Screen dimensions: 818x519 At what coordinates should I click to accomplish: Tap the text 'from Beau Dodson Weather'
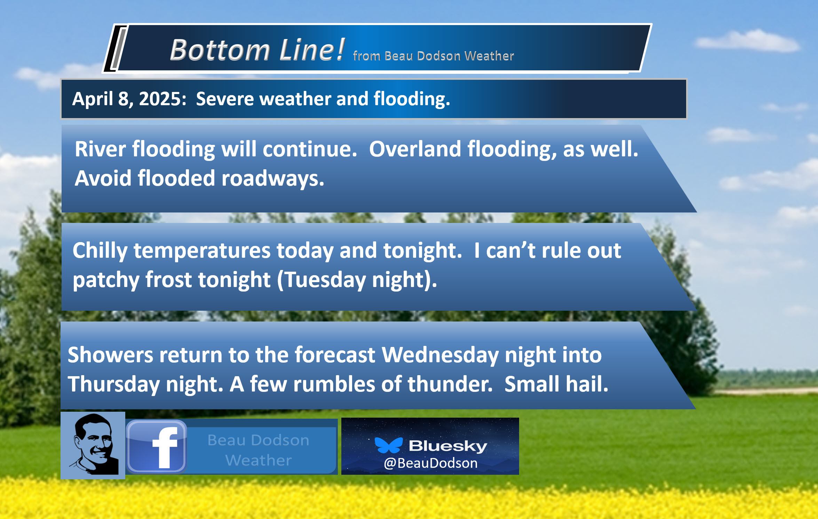[x=433, y=56]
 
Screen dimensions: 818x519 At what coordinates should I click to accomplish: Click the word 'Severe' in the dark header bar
[x=225, y=99]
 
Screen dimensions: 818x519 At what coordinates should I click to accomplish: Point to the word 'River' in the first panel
[x=100, y=149]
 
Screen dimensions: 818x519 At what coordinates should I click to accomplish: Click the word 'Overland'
[x=415, y=149]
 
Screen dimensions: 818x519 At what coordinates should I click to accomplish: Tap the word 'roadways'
[x=272, y=178]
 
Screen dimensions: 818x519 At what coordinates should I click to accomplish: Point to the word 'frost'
[x=169, y=280]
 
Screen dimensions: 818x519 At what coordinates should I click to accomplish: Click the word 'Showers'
[x=110, y=355]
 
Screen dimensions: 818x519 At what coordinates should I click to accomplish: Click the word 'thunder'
[x=450, y=384]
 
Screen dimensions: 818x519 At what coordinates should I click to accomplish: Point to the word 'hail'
[x=587, y=384]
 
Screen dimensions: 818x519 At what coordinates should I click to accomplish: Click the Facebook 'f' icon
[x=157, y=447]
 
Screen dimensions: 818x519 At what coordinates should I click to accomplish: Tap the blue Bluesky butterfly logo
[x=389, y=445]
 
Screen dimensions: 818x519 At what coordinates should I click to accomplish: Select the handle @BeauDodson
[x=431, y=463]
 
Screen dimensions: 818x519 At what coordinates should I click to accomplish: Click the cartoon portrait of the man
[x=93, y=445]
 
